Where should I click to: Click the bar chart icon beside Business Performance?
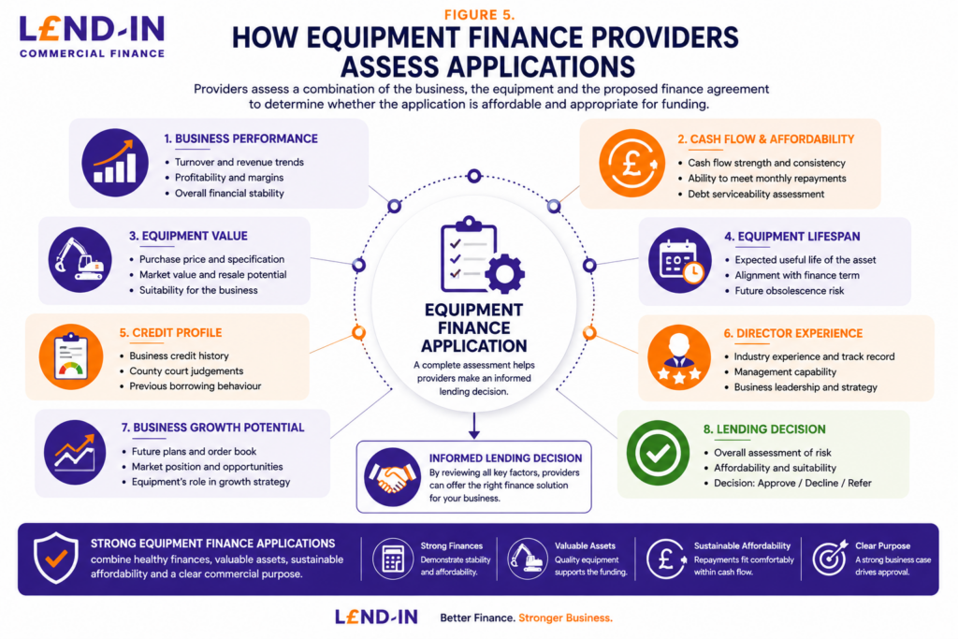click(115, 163)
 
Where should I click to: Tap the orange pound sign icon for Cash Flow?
click(631, 163)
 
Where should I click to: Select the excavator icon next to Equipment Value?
click(80, 260)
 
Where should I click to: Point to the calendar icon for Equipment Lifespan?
click(680, 261)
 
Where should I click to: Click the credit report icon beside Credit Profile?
click(71, 356)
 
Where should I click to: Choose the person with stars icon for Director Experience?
click(679, 357)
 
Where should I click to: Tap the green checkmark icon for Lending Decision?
click(658, 453)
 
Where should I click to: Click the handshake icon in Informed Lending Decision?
click(392, 477)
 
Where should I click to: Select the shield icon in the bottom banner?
click(55, 558)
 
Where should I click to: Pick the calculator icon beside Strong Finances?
click(393, 559)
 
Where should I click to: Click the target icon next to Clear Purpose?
click(830, 558)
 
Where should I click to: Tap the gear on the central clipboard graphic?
click(504, 274)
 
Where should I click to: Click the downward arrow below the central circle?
click(474, 426)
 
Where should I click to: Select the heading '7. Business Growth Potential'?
click(212, 428)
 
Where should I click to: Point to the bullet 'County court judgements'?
click(186, 370)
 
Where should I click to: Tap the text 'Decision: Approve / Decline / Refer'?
click(792, 483)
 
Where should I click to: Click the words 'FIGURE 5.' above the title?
click(480, 15)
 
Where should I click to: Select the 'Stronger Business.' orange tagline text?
click(565, 618)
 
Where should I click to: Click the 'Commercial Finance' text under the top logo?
click(93, 53)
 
